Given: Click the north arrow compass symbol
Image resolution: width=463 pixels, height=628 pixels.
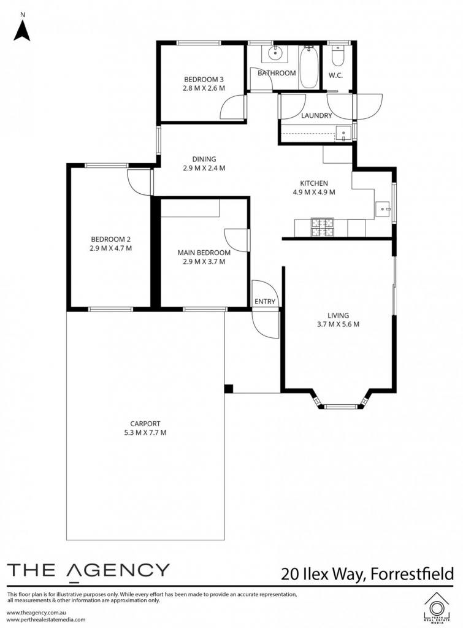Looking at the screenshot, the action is point(22,27).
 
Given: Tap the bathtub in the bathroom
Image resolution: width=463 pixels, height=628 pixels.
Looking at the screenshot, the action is point(308,67).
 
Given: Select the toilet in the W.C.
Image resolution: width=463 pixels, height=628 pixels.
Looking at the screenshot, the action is point(338,56).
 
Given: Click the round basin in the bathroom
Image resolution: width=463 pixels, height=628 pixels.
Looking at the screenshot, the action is point(275,53).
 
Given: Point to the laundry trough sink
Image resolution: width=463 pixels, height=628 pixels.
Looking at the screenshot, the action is point(343,132).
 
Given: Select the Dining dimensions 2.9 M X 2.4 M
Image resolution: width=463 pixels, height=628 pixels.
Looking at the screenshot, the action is point(204,168).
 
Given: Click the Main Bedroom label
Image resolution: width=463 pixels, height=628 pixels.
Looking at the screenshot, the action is point(204,253).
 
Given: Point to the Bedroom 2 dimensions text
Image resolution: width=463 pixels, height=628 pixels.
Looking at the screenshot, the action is point(111,248).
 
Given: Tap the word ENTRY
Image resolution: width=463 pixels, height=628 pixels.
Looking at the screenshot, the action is point(265,302).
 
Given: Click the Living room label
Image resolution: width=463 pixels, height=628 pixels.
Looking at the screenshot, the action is point(338,316).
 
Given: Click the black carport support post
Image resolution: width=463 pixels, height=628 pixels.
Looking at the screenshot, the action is point(228,388).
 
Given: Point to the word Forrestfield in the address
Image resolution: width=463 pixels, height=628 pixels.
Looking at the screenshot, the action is point(412,574).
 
